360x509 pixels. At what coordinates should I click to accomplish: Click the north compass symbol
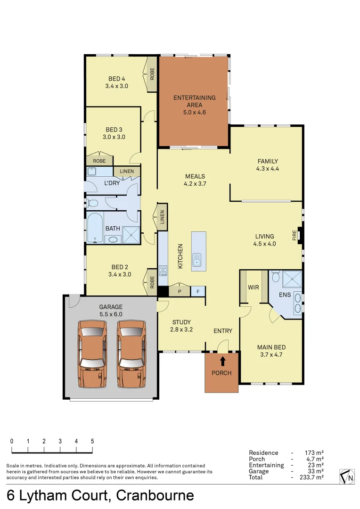point(347,476)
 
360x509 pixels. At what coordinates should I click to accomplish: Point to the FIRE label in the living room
point(295,235)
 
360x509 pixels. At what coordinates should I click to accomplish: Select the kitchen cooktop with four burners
point(163,271)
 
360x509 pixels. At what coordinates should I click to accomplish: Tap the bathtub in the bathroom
point(95,229)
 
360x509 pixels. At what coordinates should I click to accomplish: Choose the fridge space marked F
point(197,291)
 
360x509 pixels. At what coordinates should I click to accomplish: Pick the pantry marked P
point(179,291)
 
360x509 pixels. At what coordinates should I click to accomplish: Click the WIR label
point(254,287)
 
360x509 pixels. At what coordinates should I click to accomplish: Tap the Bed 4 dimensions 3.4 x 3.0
point(117,86)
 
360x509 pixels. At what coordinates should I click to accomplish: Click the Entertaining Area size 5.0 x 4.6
point(195,112)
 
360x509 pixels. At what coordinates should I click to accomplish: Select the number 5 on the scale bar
point(92,442)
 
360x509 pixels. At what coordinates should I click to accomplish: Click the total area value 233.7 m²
point(311,477)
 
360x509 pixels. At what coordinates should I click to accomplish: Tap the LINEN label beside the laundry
point(127,172)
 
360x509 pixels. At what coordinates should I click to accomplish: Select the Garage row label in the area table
point(259,471)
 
